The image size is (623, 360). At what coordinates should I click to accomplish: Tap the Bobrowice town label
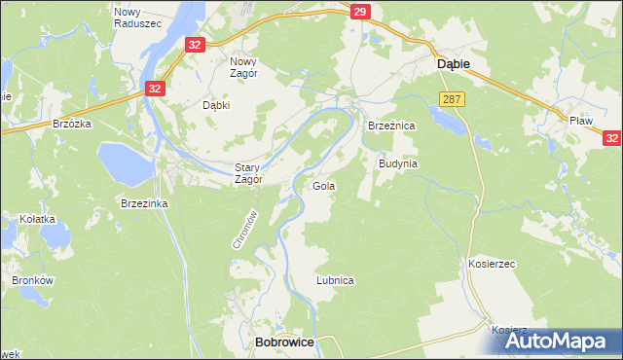pyautogui.click(x=281, y=342)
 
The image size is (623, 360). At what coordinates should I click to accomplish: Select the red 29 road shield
pyautogui.click(x=360, y=12)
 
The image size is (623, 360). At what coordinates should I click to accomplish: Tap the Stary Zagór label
pyautogui.click(x=248, y=172)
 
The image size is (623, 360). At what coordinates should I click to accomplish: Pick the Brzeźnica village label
pyautogui.click(x=391, y=126)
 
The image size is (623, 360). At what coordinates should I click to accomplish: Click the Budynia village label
pyautogui.click(x=397, y=163)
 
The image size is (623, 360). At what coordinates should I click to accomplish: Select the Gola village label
pyautogui.click(x=323, y=185)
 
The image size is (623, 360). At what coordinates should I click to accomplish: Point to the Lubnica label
pyautogui.click(x=335, y=279)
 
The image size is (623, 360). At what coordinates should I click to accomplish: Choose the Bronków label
pyautogui.click(x=30, y=280)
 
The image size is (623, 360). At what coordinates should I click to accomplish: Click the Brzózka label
pyautogui.click(x=71, y=125)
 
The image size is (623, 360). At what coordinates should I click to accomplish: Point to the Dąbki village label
pyautogui.click(x=215, y=105)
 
